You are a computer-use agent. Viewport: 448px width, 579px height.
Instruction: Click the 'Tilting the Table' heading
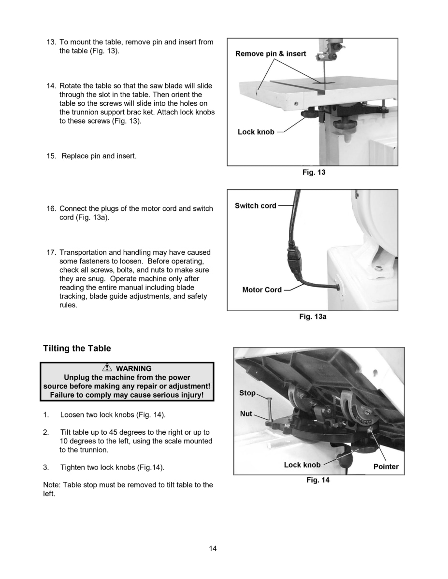[x=77, y=348]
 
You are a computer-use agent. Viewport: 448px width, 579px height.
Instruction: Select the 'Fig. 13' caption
[x=314, y=172]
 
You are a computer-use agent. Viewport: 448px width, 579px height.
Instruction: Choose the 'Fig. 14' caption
[x=318, y=480]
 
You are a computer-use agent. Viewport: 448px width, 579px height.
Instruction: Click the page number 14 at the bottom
[x=213, y=548]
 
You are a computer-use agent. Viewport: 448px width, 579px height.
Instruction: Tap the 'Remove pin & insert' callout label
[x=270, y=54]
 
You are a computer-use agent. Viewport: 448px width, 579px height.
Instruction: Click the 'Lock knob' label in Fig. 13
[x=256, y=132]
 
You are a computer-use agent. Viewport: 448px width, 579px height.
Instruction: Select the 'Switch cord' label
[x=255, y=206]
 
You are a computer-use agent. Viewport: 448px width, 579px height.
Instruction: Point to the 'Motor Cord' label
[x=261, y=290]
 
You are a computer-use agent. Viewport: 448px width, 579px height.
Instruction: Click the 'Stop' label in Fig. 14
[x=247, y=393]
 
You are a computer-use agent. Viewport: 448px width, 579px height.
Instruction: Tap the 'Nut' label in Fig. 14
[x=246, y=414]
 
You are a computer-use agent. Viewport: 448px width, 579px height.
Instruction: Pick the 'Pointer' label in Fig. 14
[x=386, y=467]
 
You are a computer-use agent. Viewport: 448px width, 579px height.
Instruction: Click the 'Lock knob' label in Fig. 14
[x=302, y=465]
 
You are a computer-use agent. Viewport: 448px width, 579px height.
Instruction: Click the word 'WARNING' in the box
[x=134, y=369]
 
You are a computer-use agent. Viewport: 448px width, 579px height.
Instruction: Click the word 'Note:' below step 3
[x=52, y=484]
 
